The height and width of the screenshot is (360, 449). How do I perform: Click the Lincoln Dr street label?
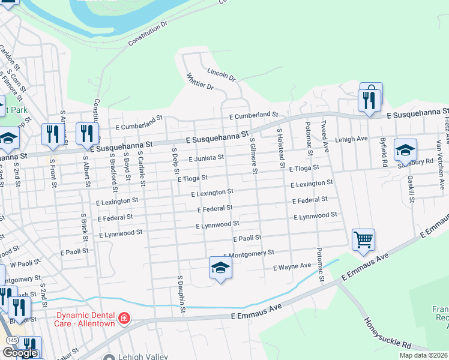221,74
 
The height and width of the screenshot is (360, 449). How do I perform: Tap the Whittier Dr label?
200,82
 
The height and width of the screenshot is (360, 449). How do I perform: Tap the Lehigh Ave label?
351,139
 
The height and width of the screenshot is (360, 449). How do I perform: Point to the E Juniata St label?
206,158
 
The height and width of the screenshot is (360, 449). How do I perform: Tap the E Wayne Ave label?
292,266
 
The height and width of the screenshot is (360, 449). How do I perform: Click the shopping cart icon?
364,240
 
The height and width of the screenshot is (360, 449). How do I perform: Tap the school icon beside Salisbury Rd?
405,149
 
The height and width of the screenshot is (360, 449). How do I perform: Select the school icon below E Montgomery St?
220,268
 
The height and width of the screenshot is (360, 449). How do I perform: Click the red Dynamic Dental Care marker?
124,318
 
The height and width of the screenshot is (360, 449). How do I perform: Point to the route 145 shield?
10,340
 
